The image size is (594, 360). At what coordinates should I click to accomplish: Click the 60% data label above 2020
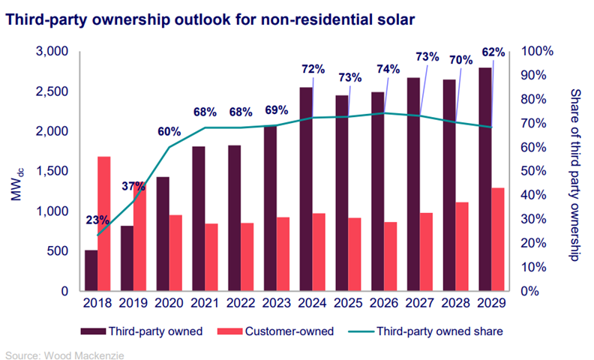pyautogui.click(x=169, y=131)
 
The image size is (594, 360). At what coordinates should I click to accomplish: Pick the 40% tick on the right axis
pyautogui.click(x=534, y=195)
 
